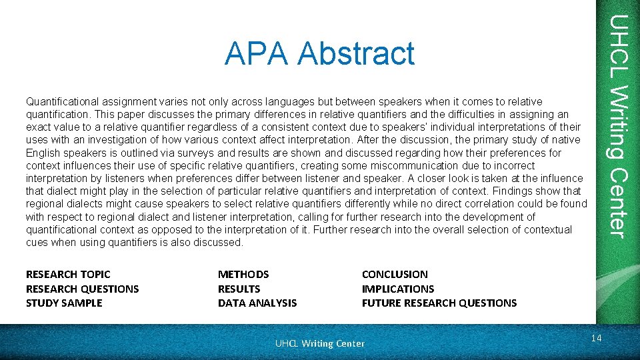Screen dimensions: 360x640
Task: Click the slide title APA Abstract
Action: click(x=319, y=53)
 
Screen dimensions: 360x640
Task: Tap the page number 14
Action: click(x=596, y=339)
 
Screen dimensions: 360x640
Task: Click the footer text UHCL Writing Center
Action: click(x=320, y=343)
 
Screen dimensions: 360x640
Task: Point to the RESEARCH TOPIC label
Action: click(x=68, y=274)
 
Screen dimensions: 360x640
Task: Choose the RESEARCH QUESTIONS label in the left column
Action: click(x=82, y=289)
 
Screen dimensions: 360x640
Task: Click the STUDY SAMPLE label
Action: click(x=64, y=303)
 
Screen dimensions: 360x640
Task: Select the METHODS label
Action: click(x=243, y=274)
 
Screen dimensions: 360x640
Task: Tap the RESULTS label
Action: click(x=239, y=289)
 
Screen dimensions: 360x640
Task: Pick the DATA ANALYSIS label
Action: click(x=257, y=303)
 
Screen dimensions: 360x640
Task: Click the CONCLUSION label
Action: click(x=395, y=274)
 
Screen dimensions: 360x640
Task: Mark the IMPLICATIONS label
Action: click(x=397, y=289)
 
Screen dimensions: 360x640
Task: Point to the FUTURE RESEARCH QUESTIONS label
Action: click(x=439, y=303)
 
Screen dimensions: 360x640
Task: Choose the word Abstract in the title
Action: click(x=356, y=53)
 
